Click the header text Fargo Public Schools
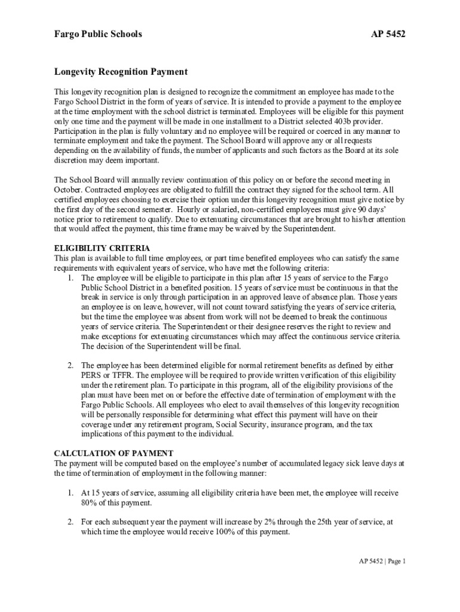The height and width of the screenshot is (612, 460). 98,34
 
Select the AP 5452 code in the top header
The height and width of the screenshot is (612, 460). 388,34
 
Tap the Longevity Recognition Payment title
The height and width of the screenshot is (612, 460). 121,72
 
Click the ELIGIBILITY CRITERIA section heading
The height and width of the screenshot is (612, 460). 102,248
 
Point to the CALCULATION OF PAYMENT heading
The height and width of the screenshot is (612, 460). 114,453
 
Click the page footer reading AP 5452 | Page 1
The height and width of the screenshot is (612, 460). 382,561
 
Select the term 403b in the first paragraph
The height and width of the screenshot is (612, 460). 342,121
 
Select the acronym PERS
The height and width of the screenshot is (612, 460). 91,375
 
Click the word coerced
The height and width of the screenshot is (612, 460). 336,130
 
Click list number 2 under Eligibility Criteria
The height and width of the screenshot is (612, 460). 70,365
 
